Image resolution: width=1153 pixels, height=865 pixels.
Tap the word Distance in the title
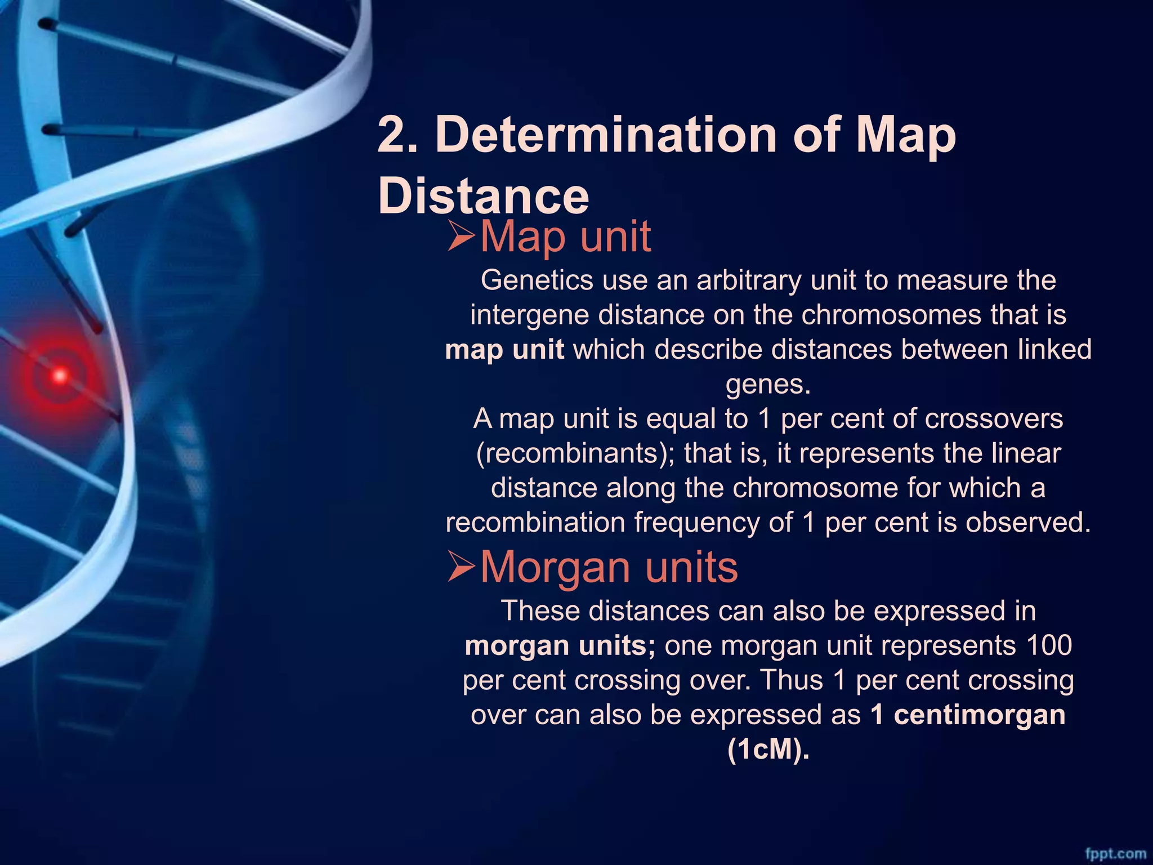[484, 196]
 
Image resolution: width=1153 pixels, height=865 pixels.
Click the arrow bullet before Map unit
[462, 237]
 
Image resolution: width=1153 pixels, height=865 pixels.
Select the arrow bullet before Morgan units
[462, 567]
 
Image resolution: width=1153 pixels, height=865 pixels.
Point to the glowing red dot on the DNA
[59, 375]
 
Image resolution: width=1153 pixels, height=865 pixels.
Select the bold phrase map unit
[504, 349]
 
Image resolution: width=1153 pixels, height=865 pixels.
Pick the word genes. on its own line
[768, 384]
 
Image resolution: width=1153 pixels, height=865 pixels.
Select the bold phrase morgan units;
[560, 645]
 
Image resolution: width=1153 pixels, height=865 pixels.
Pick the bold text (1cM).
[768, 750]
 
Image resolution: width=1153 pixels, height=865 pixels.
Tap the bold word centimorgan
[979, 715]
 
